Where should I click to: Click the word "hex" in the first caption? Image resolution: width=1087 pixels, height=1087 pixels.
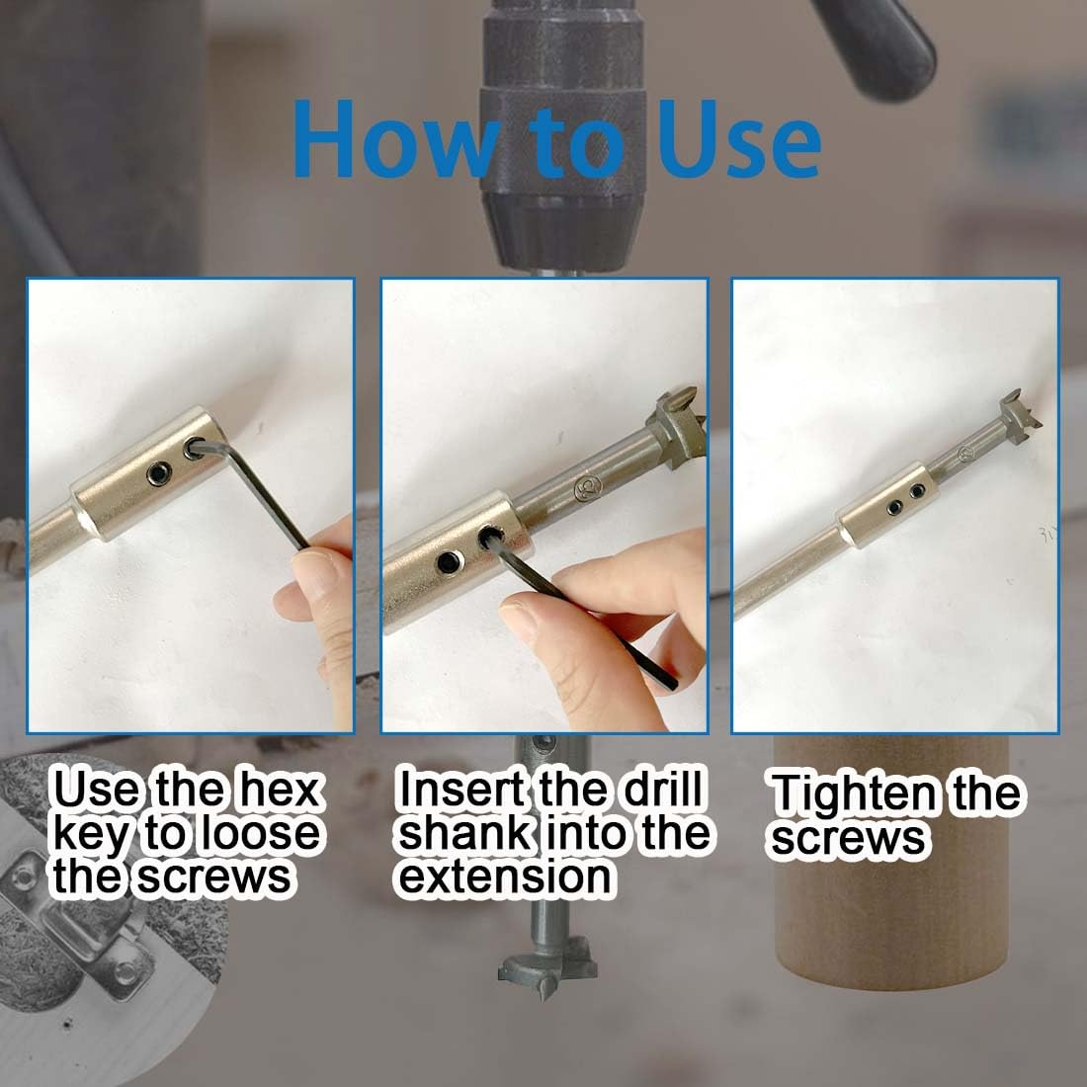[280, 791]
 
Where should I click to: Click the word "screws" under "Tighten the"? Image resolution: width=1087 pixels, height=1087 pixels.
[848, 839]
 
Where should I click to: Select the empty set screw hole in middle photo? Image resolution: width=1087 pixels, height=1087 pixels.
[448, 562]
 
